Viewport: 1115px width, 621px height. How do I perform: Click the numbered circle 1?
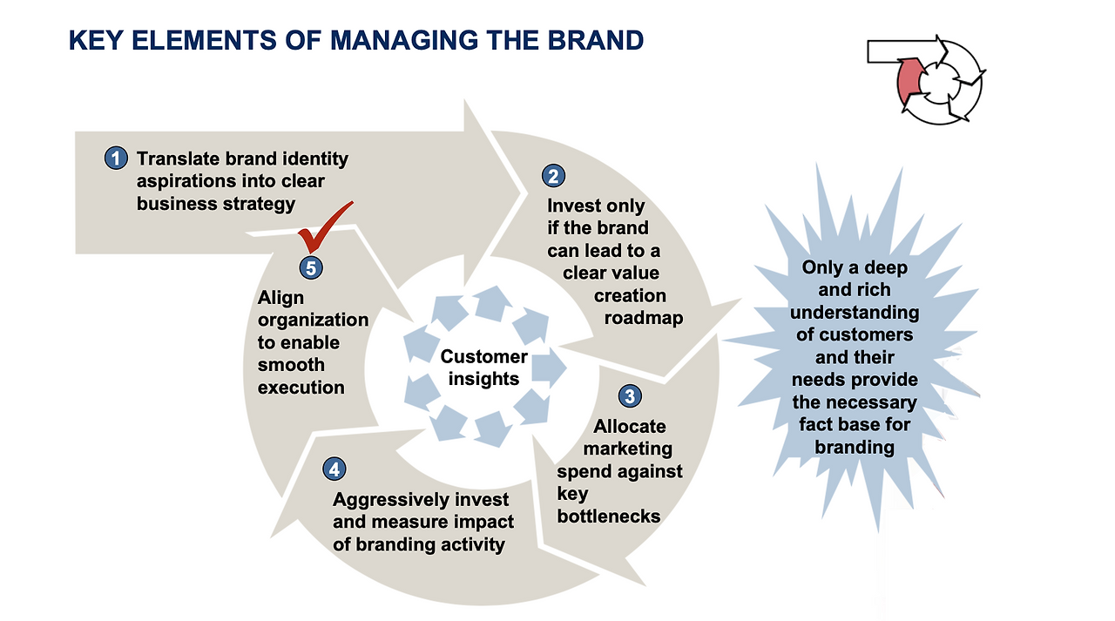[x=115, y=159]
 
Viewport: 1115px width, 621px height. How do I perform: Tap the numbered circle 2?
[x=553, y=176]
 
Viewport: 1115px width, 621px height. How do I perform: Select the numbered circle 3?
[x=629, y=397]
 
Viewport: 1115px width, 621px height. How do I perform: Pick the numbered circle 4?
[x=334, y=469]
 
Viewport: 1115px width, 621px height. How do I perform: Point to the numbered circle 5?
[x=310, y=268]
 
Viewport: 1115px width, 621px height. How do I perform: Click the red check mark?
[x=322, y=225]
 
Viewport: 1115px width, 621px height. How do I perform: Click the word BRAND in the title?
[x=601, y=40]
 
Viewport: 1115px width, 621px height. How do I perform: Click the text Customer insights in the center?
[x=483, y=368]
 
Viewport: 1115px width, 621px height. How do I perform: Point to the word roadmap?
[x=644, y=318]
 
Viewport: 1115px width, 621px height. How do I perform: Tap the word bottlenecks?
[x=609, y=516]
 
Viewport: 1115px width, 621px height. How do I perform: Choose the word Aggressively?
[x=390, y=500]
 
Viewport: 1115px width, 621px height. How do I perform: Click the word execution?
[x=301, y=388]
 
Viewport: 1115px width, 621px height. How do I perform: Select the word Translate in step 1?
[x=179, y=159]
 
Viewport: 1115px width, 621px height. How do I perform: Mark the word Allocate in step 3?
[x=630, y=427]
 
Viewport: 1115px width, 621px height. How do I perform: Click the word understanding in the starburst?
[x=855, y=312]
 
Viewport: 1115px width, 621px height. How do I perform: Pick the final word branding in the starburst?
[x=855, y=448]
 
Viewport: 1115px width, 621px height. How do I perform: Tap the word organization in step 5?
[x=314, y=320]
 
